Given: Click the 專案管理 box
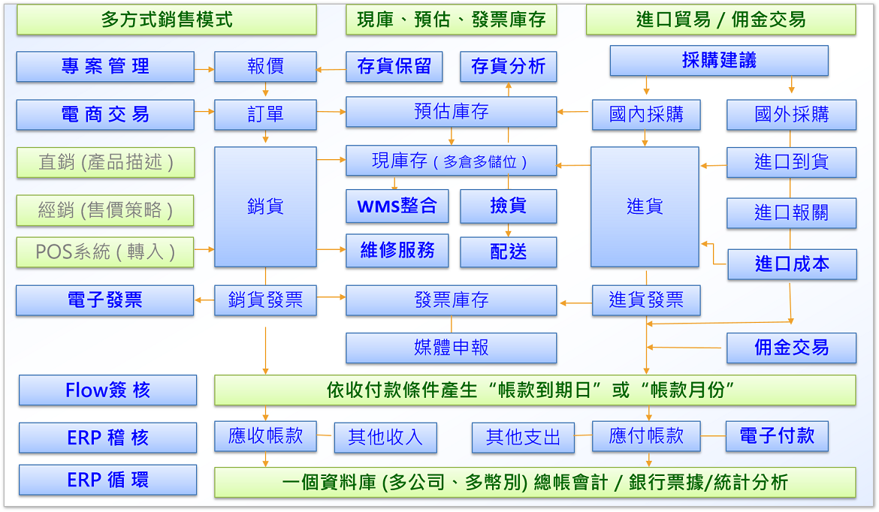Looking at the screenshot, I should (x=105, y=67).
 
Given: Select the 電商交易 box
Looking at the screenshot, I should (x=105, y=115).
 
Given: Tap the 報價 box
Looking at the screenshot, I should (x=265, y=67).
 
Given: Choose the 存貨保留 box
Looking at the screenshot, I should (x=394, y=67).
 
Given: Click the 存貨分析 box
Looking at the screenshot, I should (x=508, y=67).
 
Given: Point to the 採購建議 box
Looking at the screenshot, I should (x=718, y=61).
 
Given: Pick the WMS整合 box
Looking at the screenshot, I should (x=397, y=206).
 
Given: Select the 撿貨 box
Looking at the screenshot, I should (x=508, y=206).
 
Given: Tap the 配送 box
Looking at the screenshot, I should (x=508, y=252).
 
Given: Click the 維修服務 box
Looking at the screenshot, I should (x=397, y=251).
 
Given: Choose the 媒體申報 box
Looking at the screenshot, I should (x=451, y=348).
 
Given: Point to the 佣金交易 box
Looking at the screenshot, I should (x=791, y=348).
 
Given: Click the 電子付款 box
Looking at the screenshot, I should (x=777, y=436).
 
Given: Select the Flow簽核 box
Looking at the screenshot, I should (x=107, y=390).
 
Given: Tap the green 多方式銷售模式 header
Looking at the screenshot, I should (x=167, y=20).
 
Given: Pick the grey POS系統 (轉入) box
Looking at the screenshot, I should (x=105, y=252).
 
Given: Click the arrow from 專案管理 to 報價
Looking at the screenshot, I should (x=204, y=69).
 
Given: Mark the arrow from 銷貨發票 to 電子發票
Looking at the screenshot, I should (x=204, y=300).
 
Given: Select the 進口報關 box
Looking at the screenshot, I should (x=791, y=213).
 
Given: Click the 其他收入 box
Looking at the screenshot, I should (x=385, y=438).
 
